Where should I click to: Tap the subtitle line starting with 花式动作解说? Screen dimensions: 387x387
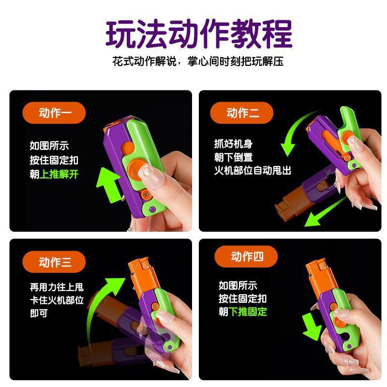(x=198, y=61)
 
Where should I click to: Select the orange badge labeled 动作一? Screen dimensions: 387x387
(x=54, y=113)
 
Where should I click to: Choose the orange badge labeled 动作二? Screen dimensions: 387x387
(x=241, y=113)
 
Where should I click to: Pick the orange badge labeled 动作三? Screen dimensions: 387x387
(x=54, y=262)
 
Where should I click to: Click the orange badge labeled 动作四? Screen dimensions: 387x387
(x=246, y=256)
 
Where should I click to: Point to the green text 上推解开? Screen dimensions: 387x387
(x=59, y=174)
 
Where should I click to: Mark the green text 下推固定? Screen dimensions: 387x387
(x=248, y=312)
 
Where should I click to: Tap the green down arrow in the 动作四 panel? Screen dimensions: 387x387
(x=312, y=327)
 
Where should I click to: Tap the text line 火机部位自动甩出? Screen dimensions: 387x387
(x=253, y=170)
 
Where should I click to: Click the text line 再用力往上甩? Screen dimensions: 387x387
(x=57, y=287)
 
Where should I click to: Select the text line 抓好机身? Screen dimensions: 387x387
(x=233, y=144)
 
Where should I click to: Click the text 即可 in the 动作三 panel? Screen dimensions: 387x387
(x=39, y=313)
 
